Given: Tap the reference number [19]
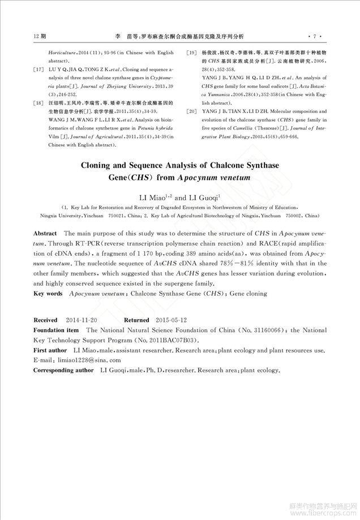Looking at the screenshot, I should [x=191, y=52].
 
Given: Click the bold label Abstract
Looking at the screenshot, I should [x=45, y=233].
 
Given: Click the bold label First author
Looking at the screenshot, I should [x=50, y=350].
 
